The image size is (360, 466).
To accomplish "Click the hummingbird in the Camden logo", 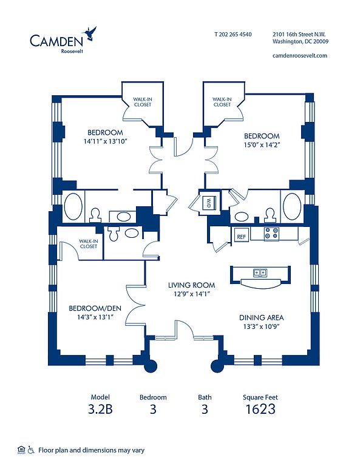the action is [x=90, y=33].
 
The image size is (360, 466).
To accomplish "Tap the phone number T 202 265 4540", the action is [x=233, y=34].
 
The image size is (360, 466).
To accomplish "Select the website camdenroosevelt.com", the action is [x=300, y=55].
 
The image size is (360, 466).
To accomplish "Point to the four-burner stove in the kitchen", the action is [x=272, y=233].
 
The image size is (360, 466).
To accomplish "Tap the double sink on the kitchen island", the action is [x=260, y=272].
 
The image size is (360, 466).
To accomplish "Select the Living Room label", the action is [x=191, y=285].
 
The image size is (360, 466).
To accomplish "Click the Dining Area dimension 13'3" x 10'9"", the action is [x=262, y=326].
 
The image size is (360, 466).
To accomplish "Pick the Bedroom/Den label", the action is [x=95, y=308].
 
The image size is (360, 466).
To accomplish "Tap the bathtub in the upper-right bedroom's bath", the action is [x=292, y=206].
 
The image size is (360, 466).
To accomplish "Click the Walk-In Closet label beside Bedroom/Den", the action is [x=89, y=244].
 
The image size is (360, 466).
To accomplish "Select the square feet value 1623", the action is [x=260, y=409].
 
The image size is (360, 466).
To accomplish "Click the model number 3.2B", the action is [x=101, y=409].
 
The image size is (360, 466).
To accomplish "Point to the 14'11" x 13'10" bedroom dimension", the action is [x=105, y=141].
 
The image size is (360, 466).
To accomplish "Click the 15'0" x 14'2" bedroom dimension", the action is [x=262, y=145].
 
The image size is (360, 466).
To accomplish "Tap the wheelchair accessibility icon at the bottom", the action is [x=31, y=450].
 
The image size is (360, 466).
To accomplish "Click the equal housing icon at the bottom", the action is [x=21, y=450].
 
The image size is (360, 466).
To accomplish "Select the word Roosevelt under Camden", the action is [x=72, y=51].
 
